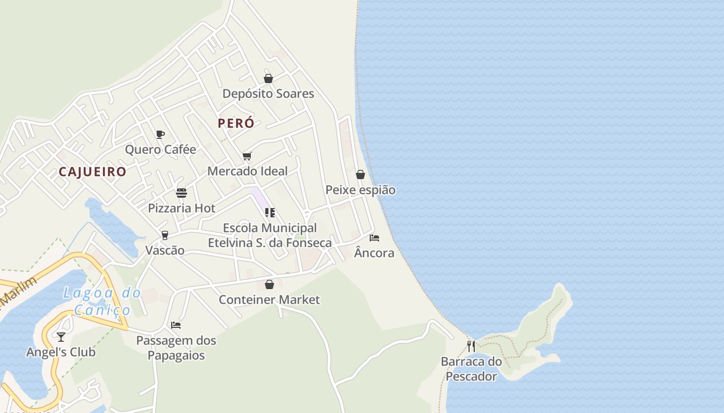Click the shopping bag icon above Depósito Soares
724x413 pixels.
click(268, 78)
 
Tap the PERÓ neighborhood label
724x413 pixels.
click(236, 123)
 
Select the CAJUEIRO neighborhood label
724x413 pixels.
click(93, 172)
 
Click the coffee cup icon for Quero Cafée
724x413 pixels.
click(160, 135)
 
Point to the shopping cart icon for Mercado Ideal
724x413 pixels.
click(247, 156)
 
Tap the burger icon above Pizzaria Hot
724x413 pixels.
click(182, 193)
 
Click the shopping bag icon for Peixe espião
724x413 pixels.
click(360, 174)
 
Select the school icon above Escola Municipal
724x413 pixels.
click(269, 213)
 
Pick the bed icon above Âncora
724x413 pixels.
click(374, 238)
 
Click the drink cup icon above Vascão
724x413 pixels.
click(165, 235)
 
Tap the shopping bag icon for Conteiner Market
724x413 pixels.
click(269, 284)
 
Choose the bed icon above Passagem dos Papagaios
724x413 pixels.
click(176, 325)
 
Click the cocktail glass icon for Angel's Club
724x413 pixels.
click(61, 337)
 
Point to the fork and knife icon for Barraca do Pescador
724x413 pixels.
click(471, 346)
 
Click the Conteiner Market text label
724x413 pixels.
click(269, 300)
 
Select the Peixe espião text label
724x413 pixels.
click(360, 190)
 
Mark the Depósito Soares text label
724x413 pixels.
click(268, 94)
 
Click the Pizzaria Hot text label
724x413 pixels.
click(182, 209)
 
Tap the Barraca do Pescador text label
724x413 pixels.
click(471, 369)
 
